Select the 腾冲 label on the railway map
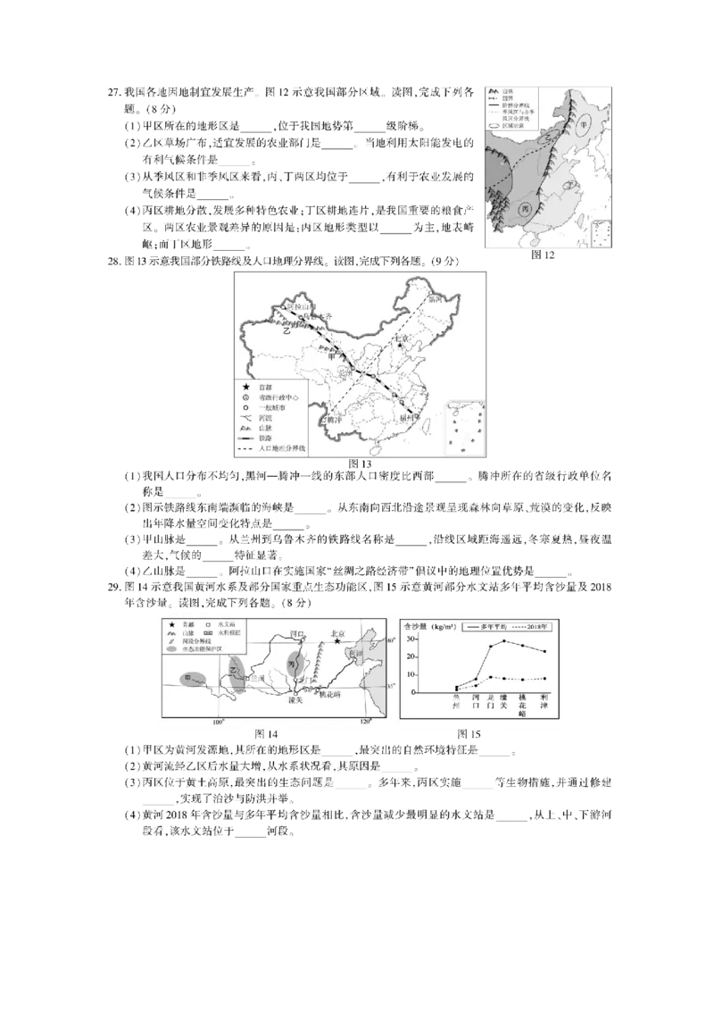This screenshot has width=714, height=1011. pyautogui.click(x=336, y=417)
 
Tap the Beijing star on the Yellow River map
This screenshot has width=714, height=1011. pyautogui.click(x=338, y=640)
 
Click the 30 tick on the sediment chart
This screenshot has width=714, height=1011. pyautogui.click(x=411, y=639)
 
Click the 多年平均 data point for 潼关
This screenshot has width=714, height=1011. pyautogui.click(x=504, y=640)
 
